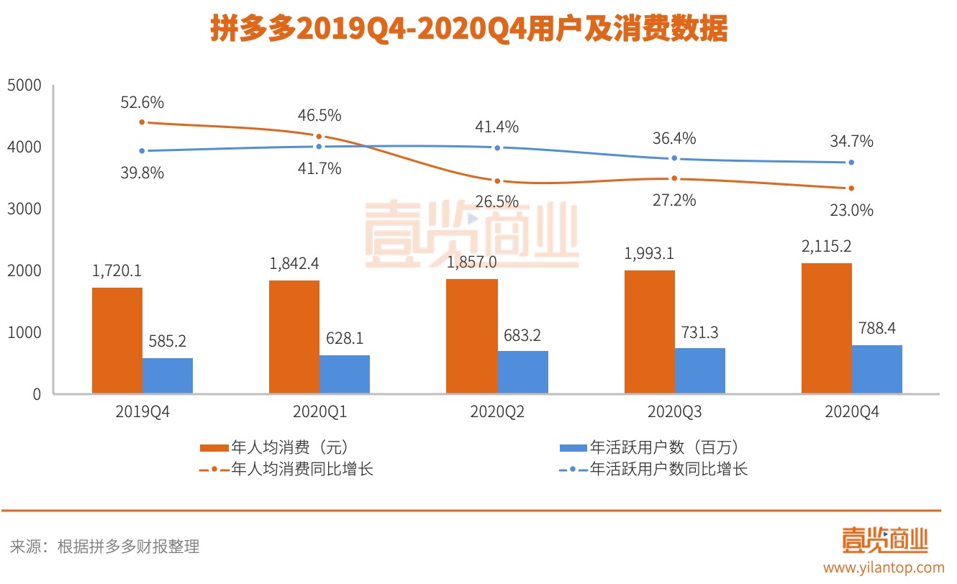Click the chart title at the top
(x=468, y=30)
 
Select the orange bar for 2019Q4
(x=117, y=340)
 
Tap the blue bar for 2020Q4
(x=876, y=369)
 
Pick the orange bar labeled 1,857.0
(x=471, y=336)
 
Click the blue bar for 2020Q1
(x=345, y=374)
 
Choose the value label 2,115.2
(x=827, y=246)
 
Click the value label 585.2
(x=167, y=340)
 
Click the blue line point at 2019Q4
(x=142, y=150)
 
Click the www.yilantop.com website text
(x=884, y=567)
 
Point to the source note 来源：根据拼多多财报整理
(x=104, y=547)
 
